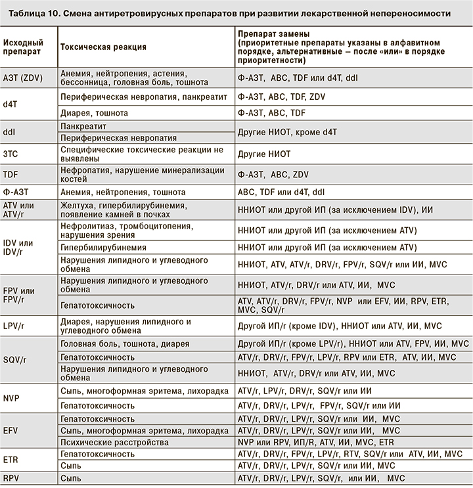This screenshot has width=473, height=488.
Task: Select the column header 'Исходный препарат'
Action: (x=21, y=47)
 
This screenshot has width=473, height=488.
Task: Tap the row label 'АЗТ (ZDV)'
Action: (x=24, y=78)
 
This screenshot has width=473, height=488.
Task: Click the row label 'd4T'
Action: (x=11, y=104)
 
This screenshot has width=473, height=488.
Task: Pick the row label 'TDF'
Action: (x=11, y=175)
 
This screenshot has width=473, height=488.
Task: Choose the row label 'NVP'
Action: (x=11, y=398)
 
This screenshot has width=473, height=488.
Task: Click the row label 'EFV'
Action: (x=11, y=430)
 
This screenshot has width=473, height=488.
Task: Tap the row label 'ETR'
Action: (x=11, y=459)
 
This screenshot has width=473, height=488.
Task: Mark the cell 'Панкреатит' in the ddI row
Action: (x=83, y=125)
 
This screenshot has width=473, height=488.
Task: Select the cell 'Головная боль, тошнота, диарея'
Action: (x=125, y=344)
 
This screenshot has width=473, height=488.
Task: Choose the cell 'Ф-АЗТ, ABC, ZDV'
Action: (x=273, y=175)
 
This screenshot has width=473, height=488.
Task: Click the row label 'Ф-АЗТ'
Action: (x=15, y=193)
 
